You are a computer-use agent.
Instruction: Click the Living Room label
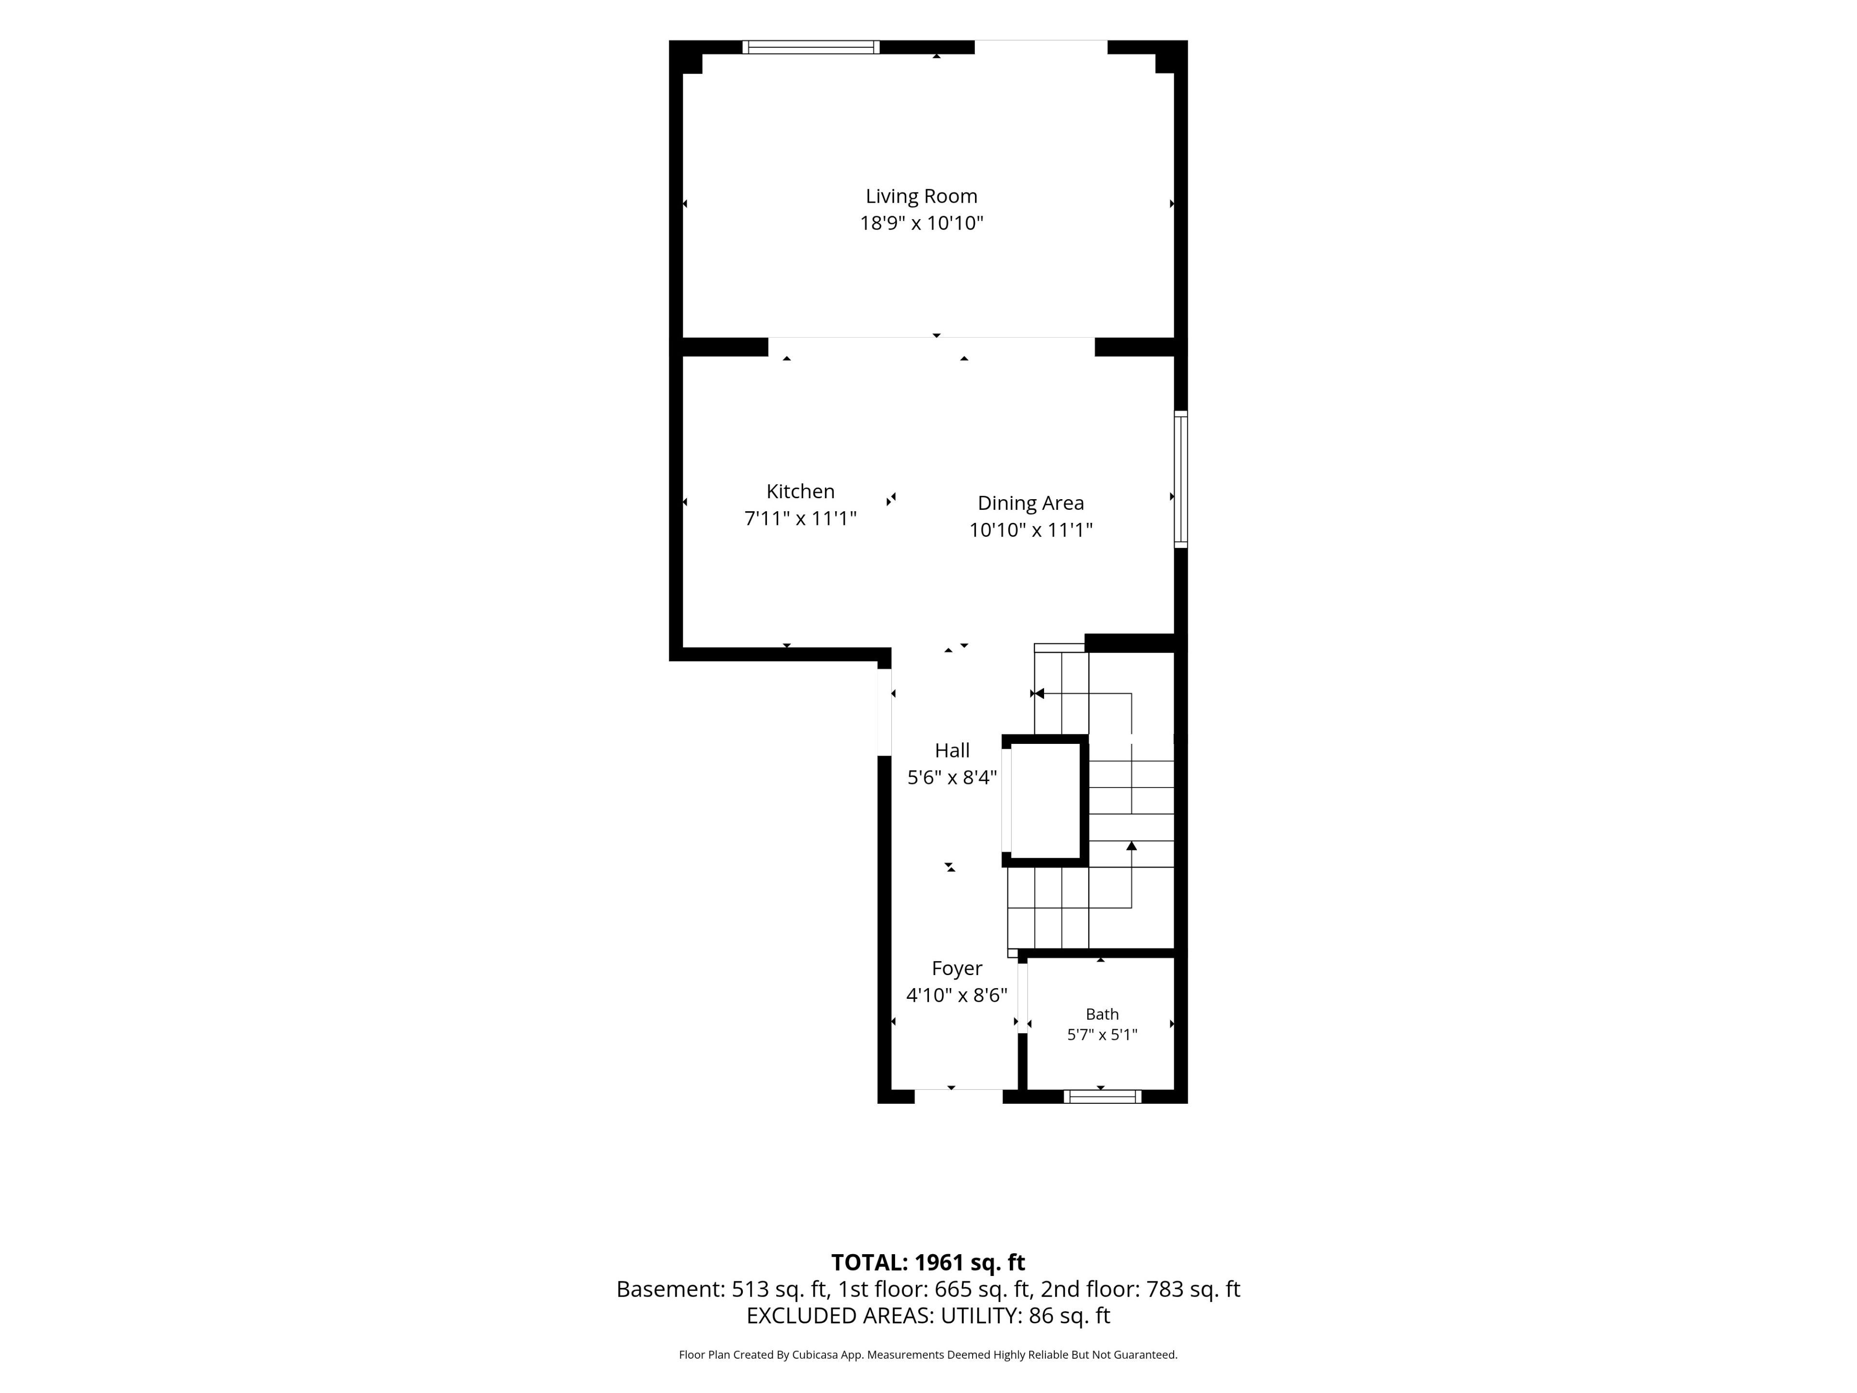click(x=922, y=196)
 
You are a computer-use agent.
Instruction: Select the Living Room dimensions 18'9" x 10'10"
click(x=922, y=223)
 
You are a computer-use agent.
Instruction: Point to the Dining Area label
click(x=1031, y=503)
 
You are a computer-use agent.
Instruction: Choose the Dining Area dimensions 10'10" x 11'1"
click(x=1031, y=530)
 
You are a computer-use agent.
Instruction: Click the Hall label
click(x=952, y=751)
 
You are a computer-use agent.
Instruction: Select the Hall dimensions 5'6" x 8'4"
click(x=952, y=778)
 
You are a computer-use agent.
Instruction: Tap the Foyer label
click(x=957, y=968)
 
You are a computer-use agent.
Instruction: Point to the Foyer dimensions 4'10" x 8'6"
click(x=957, y=995)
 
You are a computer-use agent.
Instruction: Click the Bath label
click(x=1102, y=1014)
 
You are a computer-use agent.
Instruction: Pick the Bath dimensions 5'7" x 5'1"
click(x=1102, y=1035)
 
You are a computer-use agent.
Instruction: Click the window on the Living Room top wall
click(x=811, y=47)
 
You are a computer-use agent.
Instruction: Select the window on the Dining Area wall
click(x=1180, y=479)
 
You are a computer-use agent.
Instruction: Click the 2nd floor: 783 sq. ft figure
click(x=1140, y=1289)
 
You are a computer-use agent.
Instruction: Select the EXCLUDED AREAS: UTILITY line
click(x=928, y=1316)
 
